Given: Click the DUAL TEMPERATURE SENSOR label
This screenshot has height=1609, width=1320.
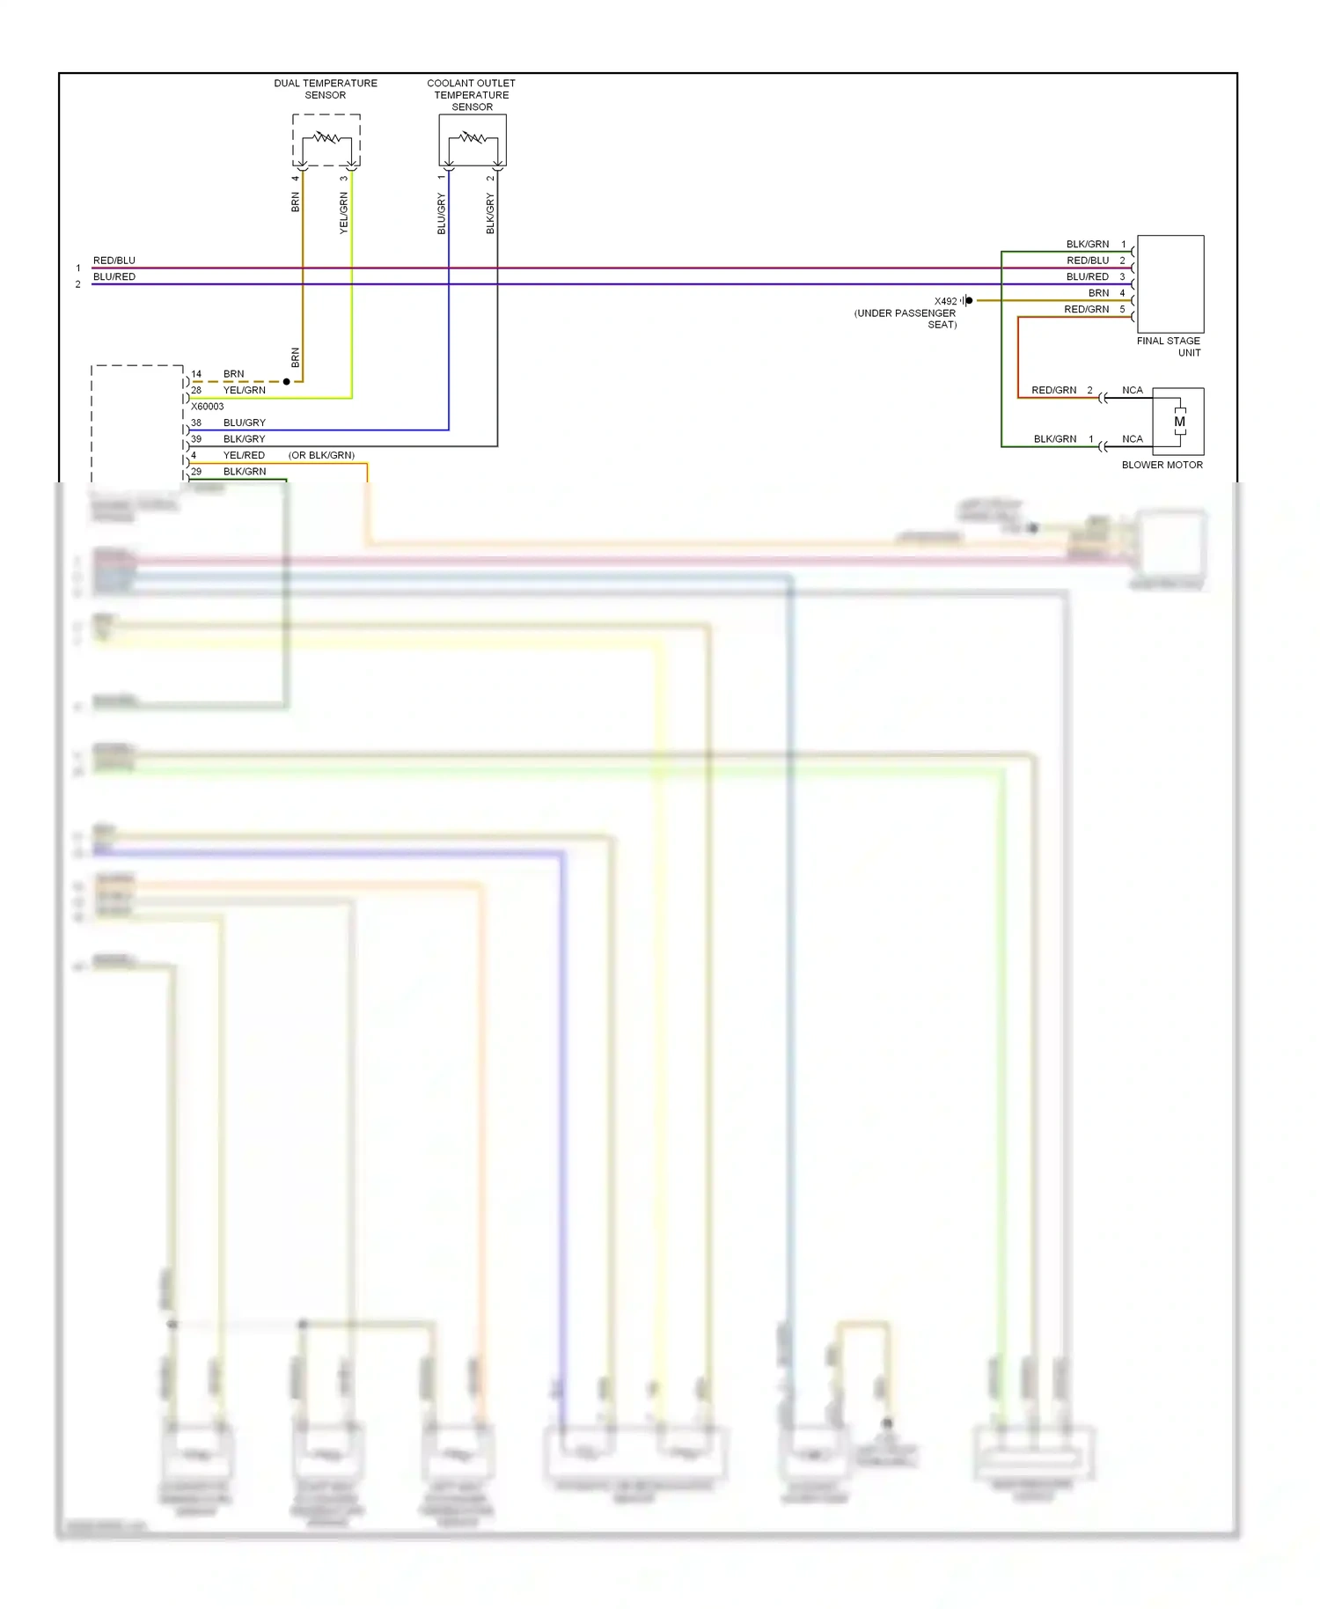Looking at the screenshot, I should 325,89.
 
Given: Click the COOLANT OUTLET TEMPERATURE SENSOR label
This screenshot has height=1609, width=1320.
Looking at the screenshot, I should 471,95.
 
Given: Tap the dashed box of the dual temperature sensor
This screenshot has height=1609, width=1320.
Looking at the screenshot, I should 326,140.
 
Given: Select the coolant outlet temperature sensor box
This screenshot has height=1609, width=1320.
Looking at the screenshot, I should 473,140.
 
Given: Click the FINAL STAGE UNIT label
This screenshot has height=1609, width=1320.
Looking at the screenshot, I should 1169,347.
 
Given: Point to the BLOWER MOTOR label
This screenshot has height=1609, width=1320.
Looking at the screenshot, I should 1162,465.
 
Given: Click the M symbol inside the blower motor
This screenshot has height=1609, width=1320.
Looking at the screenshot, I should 1179,422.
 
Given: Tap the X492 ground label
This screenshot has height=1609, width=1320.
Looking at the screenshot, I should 945,301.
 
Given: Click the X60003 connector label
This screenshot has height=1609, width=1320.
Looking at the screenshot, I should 208,407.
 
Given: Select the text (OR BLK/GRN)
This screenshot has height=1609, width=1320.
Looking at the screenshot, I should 321,455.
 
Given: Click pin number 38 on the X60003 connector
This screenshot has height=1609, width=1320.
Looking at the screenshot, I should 196,422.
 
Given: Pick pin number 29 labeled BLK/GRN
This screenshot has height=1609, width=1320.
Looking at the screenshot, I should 196,472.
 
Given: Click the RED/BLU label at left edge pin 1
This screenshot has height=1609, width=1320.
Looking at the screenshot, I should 114,261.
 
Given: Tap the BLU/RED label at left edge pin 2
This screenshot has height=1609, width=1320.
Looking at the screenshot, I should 114,276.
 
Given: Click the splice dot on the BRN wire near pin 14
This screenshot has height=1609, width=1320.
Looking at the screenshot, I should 286,381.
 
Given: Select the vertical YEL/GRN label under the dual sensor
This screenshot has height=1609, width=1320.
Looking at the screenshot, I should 344,213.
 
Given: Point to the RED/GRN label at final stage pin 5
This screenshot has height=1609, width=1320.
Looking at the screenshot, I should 1086,309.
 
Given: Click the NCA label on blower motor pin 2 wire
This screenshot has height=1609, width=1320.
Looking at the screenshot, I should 1132,390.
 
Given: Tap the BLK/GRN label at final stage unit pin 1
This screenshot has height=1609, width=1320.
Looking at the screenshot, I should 1087,244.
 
